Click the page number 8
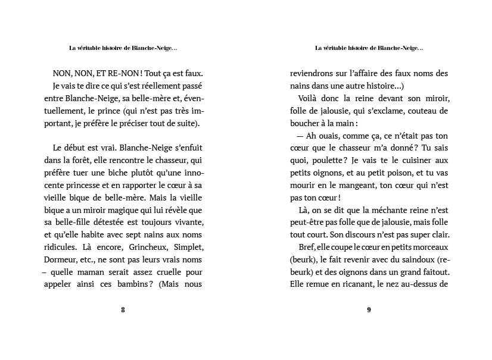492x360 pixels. click(123, 309)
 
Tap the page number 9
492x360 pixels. click(369, 309)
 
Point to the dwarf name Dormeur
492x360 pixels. click(61, 259)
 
